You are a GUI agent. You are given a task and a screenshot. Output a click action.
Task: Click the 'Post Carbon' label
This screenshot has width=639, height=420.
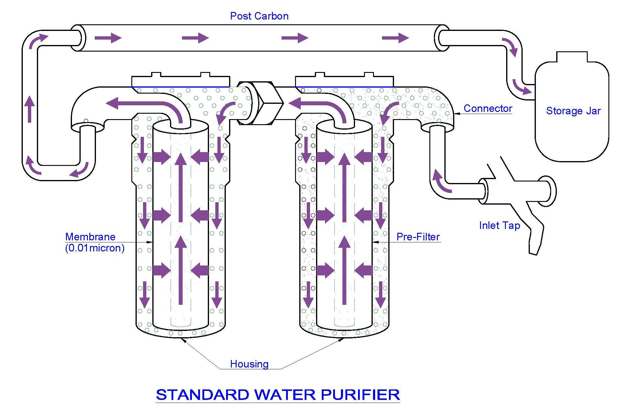tap(259, 16)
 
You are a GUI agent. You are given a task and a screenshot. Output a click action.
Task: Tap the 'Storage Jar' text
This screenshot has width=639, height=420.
tap(573, 111)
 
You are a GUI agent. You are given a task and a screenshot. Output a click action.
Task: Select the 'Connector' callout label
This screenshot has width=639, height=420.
tap(488, 108)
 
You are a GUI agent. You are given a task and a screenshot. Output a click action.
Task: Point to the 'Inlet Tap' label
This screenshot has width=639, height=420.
tap(499, 225)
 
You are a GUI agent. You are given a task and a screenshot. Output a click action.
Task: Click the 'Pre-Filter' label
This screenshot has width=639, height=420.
tap(418, 237)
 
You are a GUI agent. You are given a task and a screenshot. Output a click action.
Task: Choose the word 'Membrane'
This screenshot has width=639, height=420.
tap(90, 237)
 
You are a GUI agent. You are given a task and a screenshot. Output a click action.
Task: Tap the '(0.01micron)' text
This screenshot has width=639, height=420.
tap(95, 248)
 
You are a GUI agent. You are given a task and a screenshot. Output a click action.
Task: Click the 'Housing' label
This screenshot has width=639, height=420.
tap(249, 364)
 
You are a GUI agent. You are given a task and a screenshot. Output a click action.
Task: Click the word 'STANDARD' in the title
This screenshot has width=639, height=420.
tap(203, 395)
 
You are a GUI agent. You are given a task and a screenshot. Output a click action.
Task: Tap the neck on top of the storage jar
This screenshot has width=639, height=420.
tap(572, 57)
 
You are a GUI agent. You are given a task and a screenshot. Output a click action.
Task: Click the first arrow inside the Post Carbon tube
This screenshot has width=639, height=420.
tap(108, 38)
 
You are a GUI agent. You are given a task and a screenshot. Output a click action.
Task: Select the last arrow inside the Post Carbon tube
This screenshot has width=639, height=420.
tap(395, 38)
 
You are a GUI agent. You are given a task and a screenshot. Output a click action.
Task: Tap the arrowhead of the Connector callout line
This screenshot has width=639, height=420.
tap(457, 114)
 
